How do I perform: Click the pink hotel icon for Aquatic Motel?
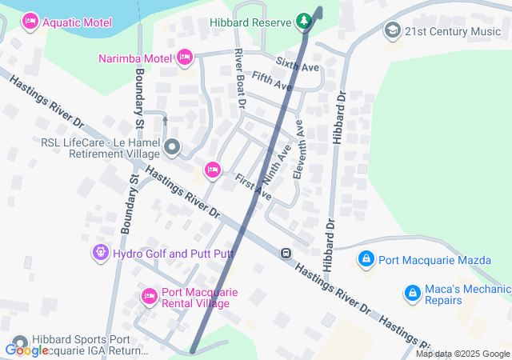(30, 19)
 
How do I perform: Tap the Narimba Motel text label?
(134, 58)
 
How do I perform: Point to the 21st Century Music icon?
(392, 31)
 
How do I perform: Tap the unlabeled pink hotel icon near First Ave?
(212, 169)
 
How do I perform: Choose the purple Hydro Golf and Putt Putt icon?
(100, 254)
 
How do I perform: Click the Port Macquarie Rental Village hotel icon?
(149, 297)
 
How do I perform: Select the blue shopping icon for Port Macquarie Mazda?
(366, 259)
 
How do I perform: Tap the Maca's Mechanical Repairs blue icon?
(412, 294)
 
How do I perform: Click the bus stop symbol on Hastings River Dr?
(285, 254)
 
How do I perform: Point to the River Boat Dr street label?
(238, 78)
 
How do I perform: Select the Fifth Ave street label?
(270, 81)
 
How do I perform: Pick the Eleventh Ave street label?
(299, 149)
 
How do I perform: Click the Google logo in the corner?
(26, 350)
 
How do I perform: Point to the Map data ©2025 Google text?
(462, 354)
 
